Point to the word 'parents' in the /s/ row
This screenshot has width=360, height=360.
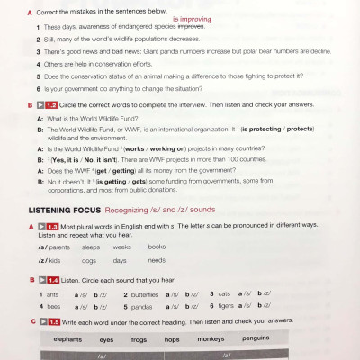tap(58, 247)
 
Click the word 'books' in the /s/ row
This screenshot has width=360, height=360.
tap(157, 247)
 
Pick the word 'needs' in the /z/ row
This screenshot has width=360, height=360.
tap(157, 261)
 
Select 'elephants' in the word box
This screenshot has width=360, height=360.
tap(67, 339)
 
